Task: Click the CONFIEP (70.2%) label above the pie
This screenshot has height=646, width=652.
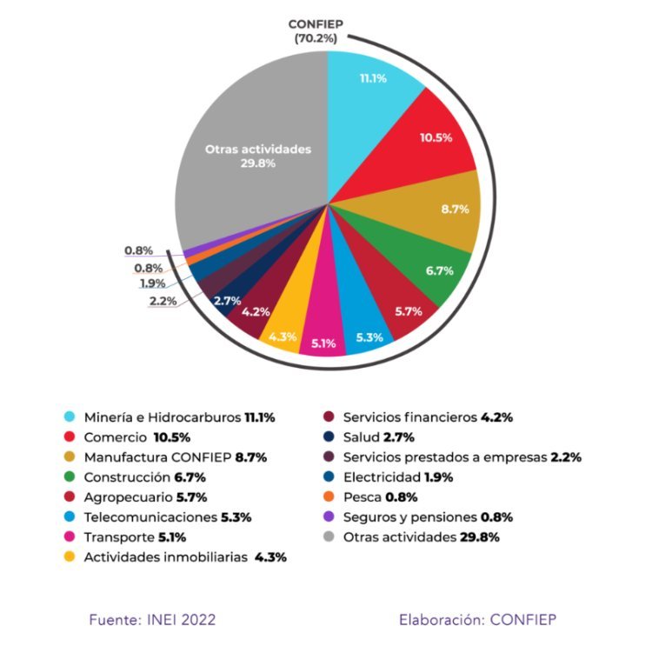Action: [318, 30]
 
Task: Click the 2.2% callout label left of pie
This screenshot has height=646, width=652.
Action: [163, 301]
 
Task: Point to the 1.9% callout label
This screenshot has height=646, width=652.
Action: [155, 283]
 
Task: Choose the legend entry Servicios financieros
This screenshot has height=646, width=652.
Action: [411, 417]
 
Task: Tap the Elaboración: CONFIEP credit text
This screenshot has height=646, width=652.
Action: [476, 620]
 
